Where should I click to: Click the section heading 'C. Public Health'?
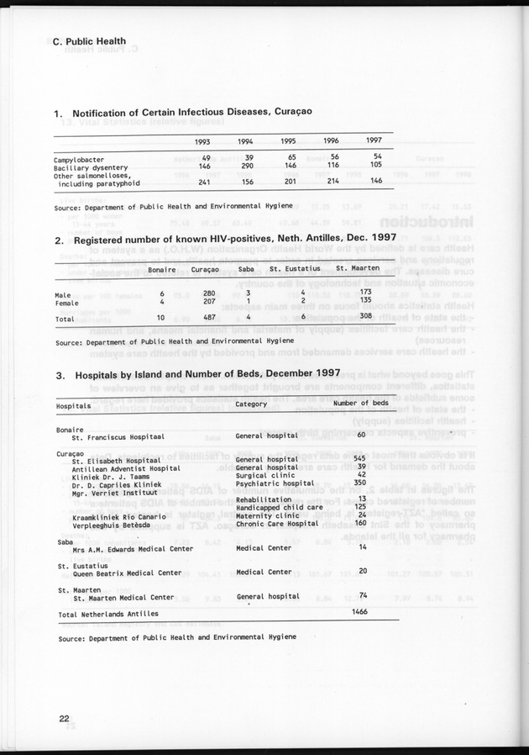89,40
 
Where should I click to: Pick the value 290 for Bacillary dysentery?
246,166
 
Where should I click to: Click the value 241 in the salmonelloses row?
203,181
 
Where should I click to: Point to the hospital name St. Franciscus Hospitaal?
118,437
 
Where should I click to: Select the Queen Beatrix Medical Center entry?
127,573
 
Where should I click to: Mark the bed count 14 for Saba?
363,547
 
